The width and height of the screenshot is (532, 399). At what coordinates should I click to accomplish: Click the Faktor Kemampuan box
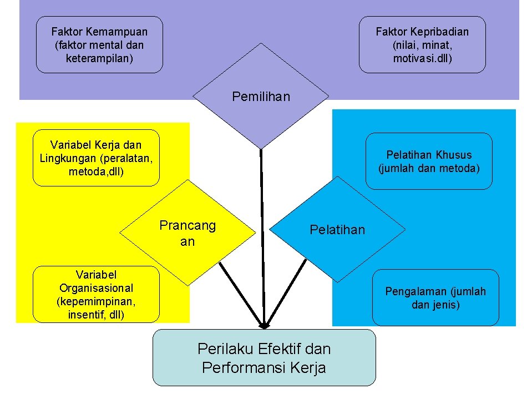coord(99,45)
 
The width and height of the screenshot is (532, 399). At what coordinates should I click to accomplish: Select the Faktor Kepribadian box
coord(422,45)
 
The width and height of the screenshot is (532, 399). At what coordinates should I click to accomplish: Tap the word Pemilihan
coord(261,97)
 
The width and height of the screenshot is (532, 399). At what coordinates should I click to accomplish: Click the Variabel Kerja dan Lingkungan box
coord(96,158)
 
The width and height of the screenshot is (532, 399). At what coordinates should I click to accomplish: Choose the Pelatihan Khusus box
coord(429,161)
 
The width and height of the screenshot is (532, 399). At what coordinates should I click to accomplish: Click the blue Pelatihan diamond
coord(337,230)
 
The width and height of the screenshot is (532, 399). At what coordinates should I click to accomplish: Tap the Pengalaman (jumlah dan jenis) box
coord(435,297)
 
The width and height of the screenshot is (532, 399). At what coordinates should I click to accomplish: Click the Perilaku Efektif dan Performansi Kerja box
coord(264,358)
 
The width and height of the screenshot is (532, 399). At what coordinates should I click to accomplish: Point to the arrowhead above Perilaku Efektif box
coord(265,325)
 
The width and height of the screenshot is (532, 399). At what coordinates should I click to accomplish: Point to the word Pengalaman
coord(416,291)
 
